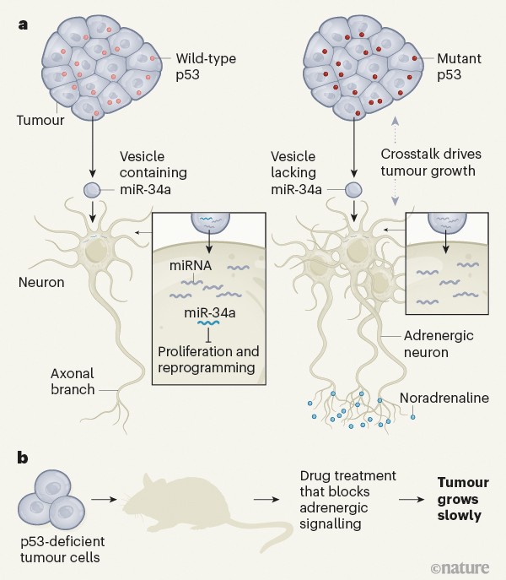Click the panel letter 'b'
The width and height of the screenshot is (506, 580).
click(x=23, y=458)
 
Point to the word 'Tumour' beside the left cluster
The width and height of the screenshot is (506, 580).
click(x=35, y=121)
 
